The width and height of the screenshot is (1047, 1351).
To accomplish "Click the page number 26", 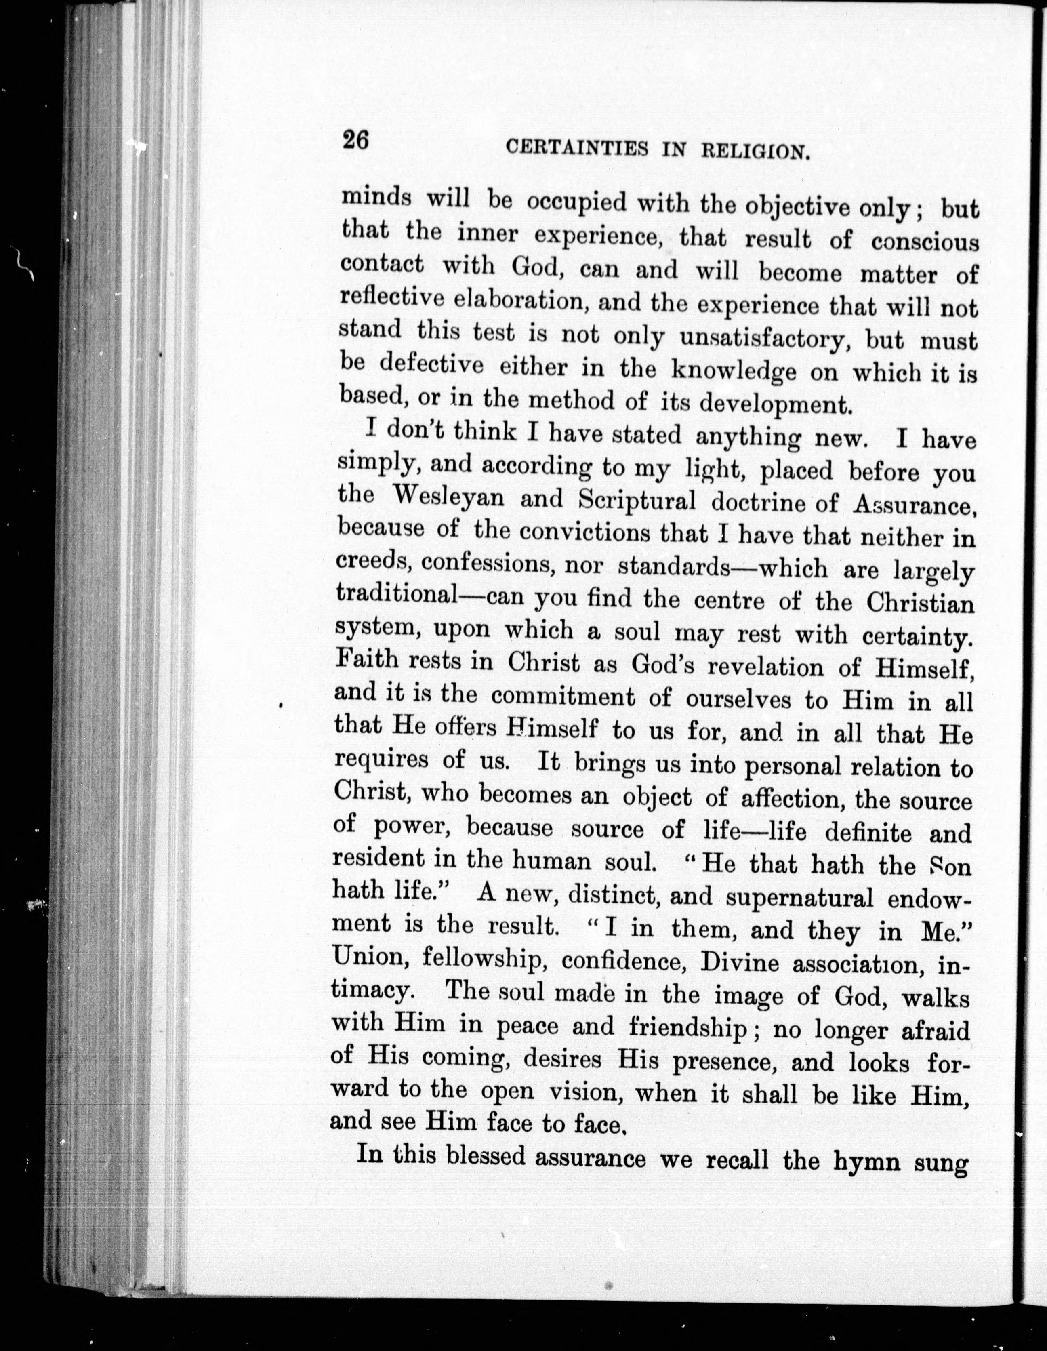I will (355, 140).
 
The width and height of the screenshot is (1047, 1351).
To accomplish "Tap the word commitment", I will (563, 698).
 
